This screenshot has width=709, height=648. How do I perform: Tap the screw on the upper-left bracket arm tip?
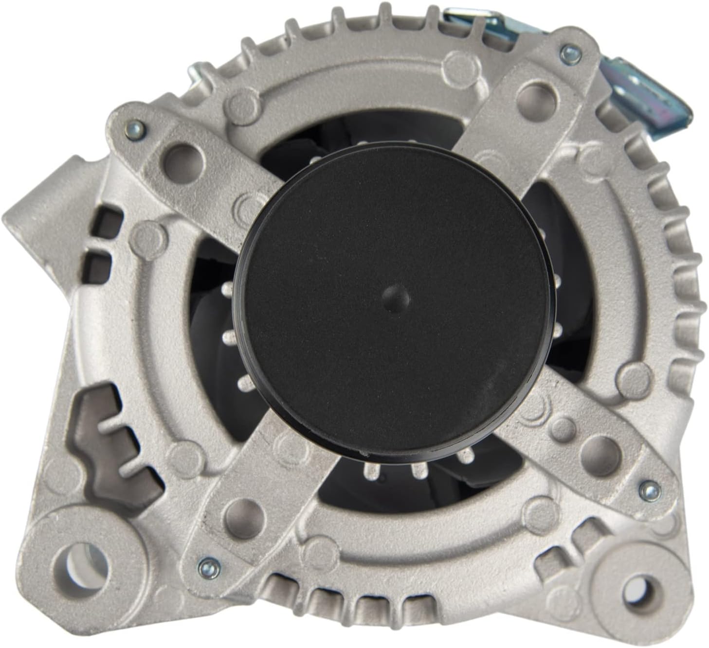point(135,129)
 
